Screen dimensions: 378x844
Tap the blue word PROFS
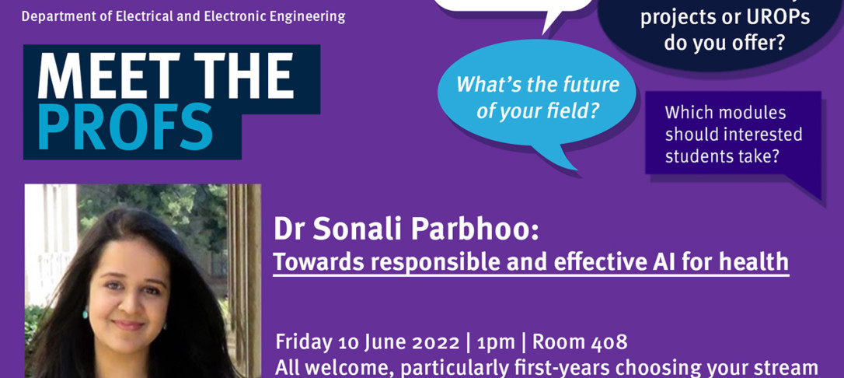point(125,127)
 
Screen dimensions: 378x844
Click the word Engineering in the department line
point(308,16)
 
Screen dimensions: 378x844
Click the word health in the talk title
point(752,263)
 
